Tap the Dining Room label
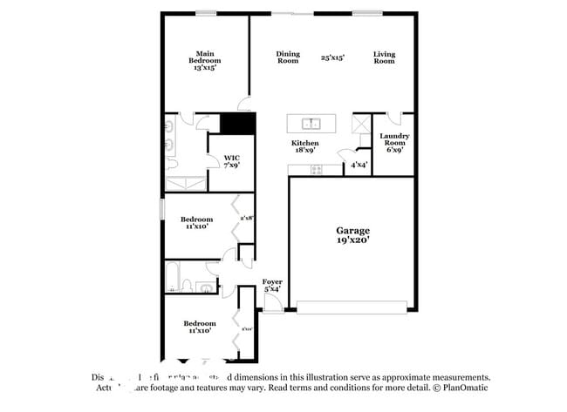coord(288,57)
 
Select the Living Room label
coord(384,57)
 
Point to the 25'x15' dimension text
coord(332,57)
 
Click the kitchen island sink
coord(311,123)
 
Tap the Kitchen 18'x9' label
coord(305,146)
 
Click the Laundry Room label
coord(394,143)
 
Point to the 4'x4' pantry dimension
coord(359,165)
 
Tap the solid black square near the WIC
coord(236,124)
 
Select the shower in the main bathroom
coord(185,183)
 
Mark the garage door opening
coord(352,307)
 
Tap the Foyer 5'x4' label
coord(272,286)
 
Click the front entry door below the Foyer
coord(272,304)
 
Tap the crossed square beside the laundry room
coord(360,123)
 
